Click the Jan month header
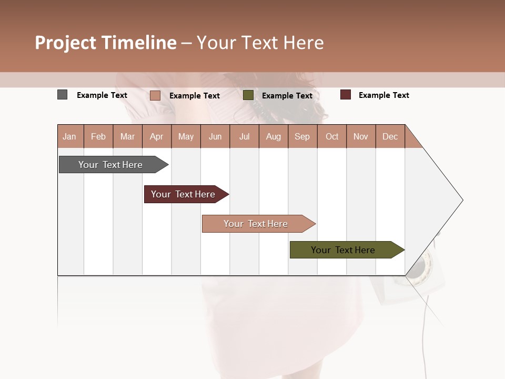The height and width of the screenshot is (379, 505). tap(69, 136)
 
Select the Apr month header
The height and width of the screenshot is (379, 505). tap(157, 136)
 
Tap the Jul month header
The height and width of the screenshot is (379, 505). tap(245, 136)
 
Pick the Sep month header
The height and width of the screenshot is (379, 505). tap(302, 136)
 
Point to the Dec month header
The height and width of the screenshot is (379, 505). tap(390, 136)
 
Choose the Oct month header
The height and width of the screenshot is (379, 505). tap(332, 136)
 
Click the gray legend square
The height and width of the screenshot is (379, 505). tap(62, 95)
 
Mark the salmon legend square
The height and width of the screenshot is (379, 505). tap(155, 95)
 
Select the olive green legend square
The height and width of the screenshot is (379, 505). tap(248, 95)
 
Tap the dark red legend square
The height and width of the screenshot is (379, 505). tap(345, 95)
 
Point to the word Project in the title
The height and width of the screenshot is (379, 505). tap(65, 43)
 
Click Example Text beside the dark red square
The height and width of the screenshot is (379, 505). tap(383, 95)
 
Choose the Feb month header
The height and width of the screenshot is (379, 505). tap(98, 136)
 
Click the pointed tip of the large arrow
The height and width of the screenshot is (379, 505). tap(461, 200)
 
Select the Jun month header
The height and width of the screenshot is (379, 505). tap(215, 136)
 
